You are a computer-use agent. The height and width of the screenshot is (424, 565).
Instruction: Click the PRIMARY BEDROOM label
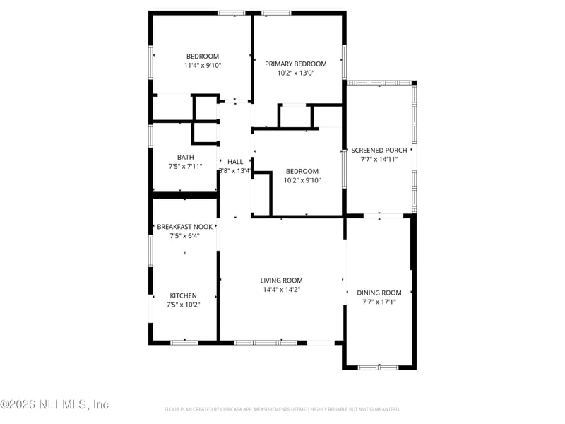pos(296,64)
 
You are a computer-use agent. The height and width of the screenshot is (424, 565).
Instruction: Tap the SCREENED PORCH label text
pos(379,151)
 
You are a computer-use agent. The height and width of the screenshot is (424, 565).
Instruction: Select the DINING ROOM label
pos(379,293)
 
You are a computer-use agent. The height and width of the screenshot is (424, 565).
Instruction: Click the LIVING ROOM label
pos(281,281)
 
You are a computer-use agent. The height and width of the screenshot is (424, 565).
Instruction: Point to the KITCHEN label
pos(183,295)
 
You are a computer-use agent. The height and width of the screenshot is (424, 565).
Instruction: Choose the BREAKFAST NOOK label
pos(184,227)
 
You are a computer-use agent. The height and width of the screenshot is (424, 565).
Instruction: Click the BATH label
pos(185,158)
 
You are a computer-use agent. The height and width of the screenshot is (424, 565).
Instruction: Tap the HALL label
pos(235,162)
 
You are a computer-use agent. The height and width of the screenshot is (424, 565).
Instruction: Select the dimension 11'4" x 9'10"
pos(202,66)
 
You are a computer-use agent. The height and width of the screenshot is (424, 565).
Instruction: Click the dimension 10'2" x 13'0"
pos(296,73)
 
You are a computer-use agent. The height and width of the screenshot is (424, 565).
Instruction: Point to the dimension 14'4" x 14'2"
pos(281,290)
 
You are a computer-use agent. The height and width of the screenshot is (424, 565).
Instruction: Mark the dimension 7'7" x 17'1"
pos(379,302)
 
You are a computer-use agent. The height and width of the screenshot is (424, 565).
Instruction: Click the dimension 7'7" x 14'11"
pos(379,160)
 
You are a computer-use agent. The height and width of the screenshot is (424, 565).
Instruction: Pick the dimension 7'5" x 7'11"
pos(185,167)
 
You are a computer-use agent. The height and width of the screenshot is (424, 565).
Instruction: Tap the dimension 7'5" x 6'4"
pos(184,236)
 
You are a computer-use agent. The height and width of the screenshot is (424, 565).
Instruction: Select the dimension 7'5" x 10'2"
pos(183,305)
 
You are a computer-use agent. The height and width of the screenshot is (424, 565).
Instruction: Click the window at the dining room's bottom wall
pos(379,367)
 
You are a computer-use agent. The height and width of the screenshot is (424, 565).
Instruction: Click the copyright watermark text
pos(54,404)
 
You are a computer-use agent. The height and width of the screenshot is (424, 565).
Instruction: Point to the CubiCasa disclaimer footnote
pos(282,409)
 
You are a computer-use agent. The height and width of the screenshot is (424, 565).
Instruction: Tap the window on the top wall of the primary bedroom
pos(276,13)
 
